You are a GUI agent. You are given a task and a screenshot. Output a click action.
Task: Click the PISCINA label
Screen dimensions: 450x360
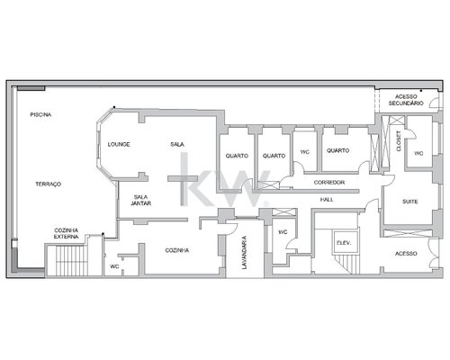[40, 114]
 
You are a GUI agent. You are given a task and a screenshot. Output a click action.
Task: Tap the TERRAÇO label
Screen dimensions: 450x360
[49, 184]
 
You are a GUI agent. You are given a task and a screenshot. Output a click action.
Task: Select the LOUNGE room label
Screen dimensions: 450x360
[119, 144]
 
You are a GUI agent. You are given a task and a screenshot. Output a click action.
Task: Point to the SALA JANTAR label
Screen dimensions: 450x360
[140, 201]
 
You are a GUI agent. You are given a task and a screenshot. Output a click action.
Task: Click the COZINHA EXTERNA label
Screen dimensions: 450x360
[67, 233]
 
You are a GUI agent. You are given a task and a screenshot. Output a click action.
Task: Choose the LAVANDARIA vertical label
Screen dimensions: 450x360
[245, 253]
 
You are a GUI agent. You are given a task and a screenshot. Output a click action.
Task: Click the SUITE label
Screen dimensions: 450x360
[409, 202]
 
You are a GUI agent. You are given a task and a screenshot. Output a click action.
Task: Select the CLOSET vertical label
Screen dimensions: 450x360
[399, 141]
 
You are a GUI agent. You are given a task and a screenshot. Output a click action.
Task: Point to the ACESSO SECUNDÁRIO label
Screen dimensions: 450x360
[406, 100]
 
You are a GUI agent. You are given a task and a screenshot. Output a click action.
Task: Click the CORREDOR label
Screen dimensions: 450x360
[329, 183]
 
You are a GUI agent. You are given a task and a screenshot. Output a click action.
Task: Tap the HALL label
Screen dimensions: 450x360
[327, 200]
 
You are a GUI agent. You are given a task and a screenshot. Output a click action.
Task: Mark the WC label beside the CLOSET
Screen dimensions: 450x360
[418, 153]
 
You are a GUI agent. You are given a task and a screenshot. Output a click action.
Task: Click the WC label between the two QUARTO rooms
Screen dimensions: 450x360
[305, 152]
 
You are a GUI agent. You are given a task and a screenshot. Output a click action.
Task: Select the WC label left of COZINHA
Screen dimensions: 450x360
[114, 266]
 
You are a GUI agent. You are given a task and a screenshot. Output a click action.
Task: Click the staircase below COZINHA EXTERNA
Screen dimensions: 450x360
[67, 260]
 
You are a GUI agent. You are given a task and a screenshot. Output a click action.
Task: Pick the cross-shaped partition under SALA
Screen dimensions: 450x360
[183, 187]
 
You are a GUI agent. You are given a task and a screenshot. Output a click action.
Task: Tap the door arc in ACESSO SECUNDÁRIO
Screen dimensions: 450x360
[433, 103]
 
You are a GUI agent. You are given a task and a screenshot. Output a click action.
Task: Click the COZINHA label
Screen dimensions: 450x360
[177, 250]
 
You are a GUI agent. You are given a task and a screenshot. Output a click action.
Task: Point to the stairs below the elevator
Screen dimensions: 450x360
[346, 264]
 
